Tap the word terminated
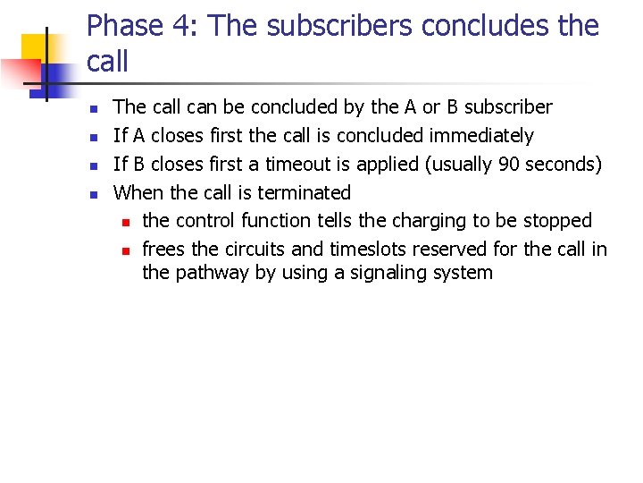click(305, 192)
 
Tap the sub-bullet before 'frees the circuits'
click(127, 250)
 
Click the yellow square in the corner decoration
click(36, 49)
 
